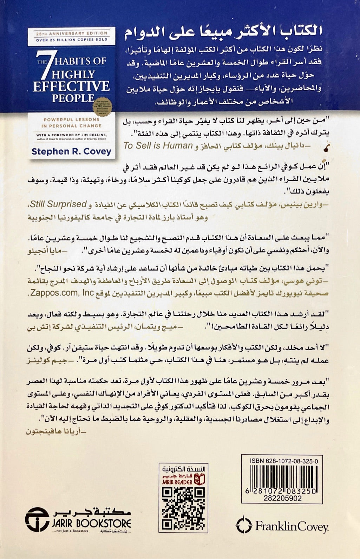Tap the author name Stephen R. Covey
pyautogui.click(x=71, y=152)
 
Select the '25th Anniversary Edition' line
pyautogui.click(x=71, y=33)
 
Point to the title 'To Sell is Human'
pyautogui.click(x=158, y=145)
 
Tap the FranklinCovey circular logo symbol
pyautogui.click(x=244, y=526)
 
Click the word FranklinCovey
pyautogui.click(x=291, y=526)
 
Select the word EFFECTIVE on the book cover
pyautogui.click(x=71, y=86)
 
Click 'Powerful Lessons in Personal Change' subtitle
pyautogui.click(x=71, y=122)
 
